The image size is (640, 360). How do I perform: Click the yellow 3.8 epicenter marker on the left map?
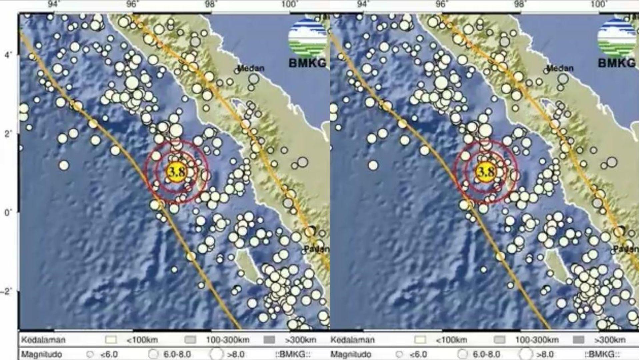(x=176, y=172)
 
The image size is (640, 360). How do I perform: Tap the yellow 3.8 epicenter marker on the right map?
(x=485, y=172)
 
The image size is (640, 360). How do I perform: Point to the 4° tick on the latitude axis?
(x=8, y=55)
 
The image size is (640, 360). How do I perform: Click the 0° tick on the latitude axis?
(x=8, y=212)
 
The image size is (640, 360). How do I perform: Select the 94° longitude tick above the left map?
(x=53, y=4)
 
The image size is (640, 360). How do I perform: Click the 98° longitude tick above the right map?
(x=520, y=4)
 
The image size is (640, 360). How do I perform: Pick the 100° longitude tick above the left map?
(x=289, y=4)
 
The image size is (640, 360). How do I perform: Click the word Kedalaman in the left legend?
(x=43, y=340)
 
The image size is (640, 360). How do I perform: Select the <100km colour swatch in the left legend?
(x=111, y=340)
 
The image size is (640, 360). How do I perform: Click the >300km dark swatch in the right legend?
(x=578, y=340)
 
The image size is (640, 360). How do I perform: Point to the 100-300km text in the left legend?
(x=228, y=340)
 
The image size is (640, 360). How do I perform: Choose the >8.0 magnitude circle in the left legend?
(x=217, y=354)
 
